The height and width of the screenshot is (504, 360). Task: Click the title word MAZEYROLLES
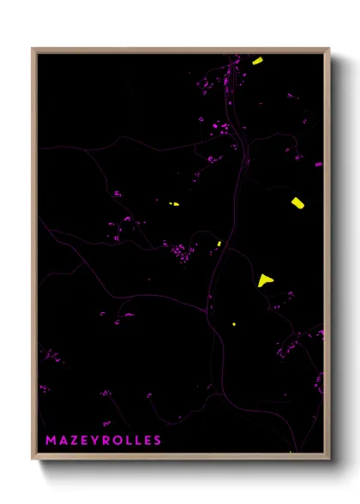pyautogui.click(x=103, y=441)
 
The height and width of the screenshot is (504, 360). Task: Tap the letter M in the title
pyautogui.click(x=51, y=441)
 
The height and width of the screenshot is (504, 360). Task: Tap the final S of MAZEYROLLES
pyautogui.click(x=157, y=441)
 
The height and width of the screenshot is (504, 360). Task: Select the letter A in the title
pyautogui.click(x=63, y=441)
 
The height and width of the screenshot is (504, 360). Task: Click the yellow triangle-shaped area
pyautogui.click(x=264, y=279)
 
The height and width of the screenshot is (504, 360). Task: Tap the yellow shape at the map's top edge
pyautogui.click(x=257, y=61)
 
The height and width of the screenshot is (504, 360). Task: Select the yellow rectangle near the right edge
pyautogui.click(x=297, y=202)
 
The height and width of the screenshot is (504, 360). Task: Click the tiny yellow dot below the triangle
pyautogui.click(x=234, y=324)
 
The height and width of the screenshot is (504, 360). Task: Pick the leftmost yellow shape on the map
pyautogui.click(x=174, y=204)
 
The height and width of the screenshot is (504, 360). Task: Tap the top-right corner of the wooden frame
pyautogui.click(x=328, y=49)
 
